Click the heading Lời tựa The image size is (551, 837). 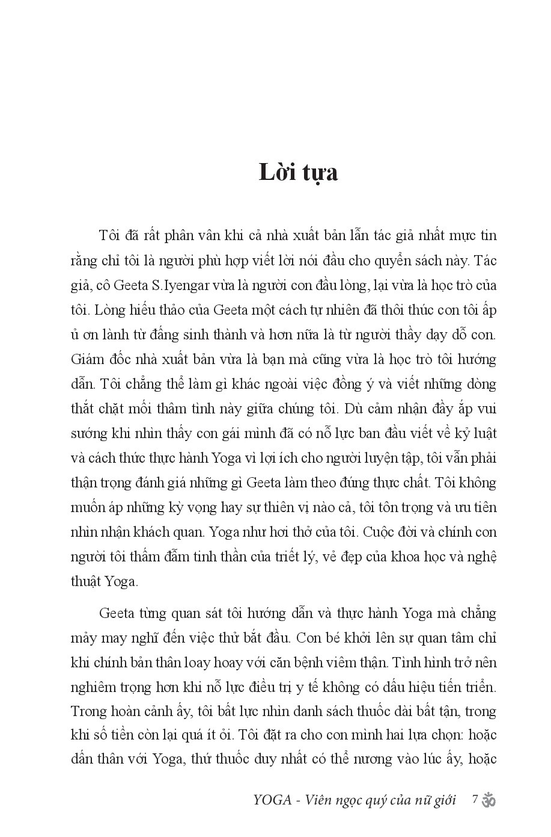pos(298,172)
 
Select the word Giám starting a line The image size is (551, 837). pos(87,359)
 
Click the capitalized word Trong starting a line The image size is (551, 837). pos(87,711)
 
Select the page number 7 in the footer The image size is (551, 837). pos(475,800)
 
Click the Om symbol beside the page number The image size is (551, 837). pos(489,800)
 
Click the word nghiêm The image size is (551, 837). pos(93,687)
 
